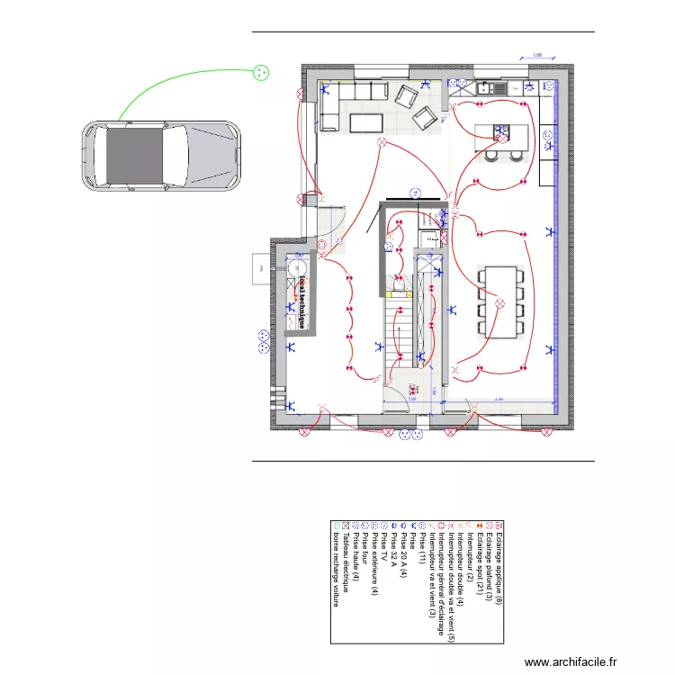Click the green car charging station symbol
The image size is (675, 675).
(260, 73)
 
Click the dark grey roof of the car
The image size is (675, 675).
(135, 154)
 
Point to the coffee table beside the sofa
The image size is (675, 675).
(365, 122)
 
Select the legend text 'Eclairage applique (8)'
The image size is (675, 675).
(499, 563)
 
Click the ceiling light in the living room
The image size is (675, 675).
(382, 142)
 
